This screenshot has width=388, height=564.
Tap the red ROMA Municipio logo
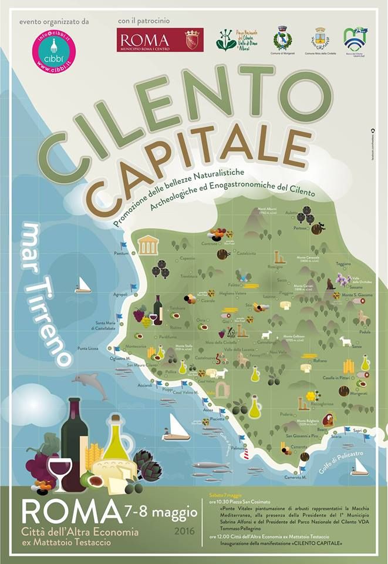159,41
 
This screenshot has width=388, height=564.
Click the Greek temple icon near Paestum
147,244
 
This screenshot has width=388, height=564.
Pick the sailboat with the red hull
176,429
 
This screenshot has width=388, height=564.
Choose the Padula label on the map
365,331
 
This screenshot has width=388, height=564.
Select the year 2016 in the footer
184,532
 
